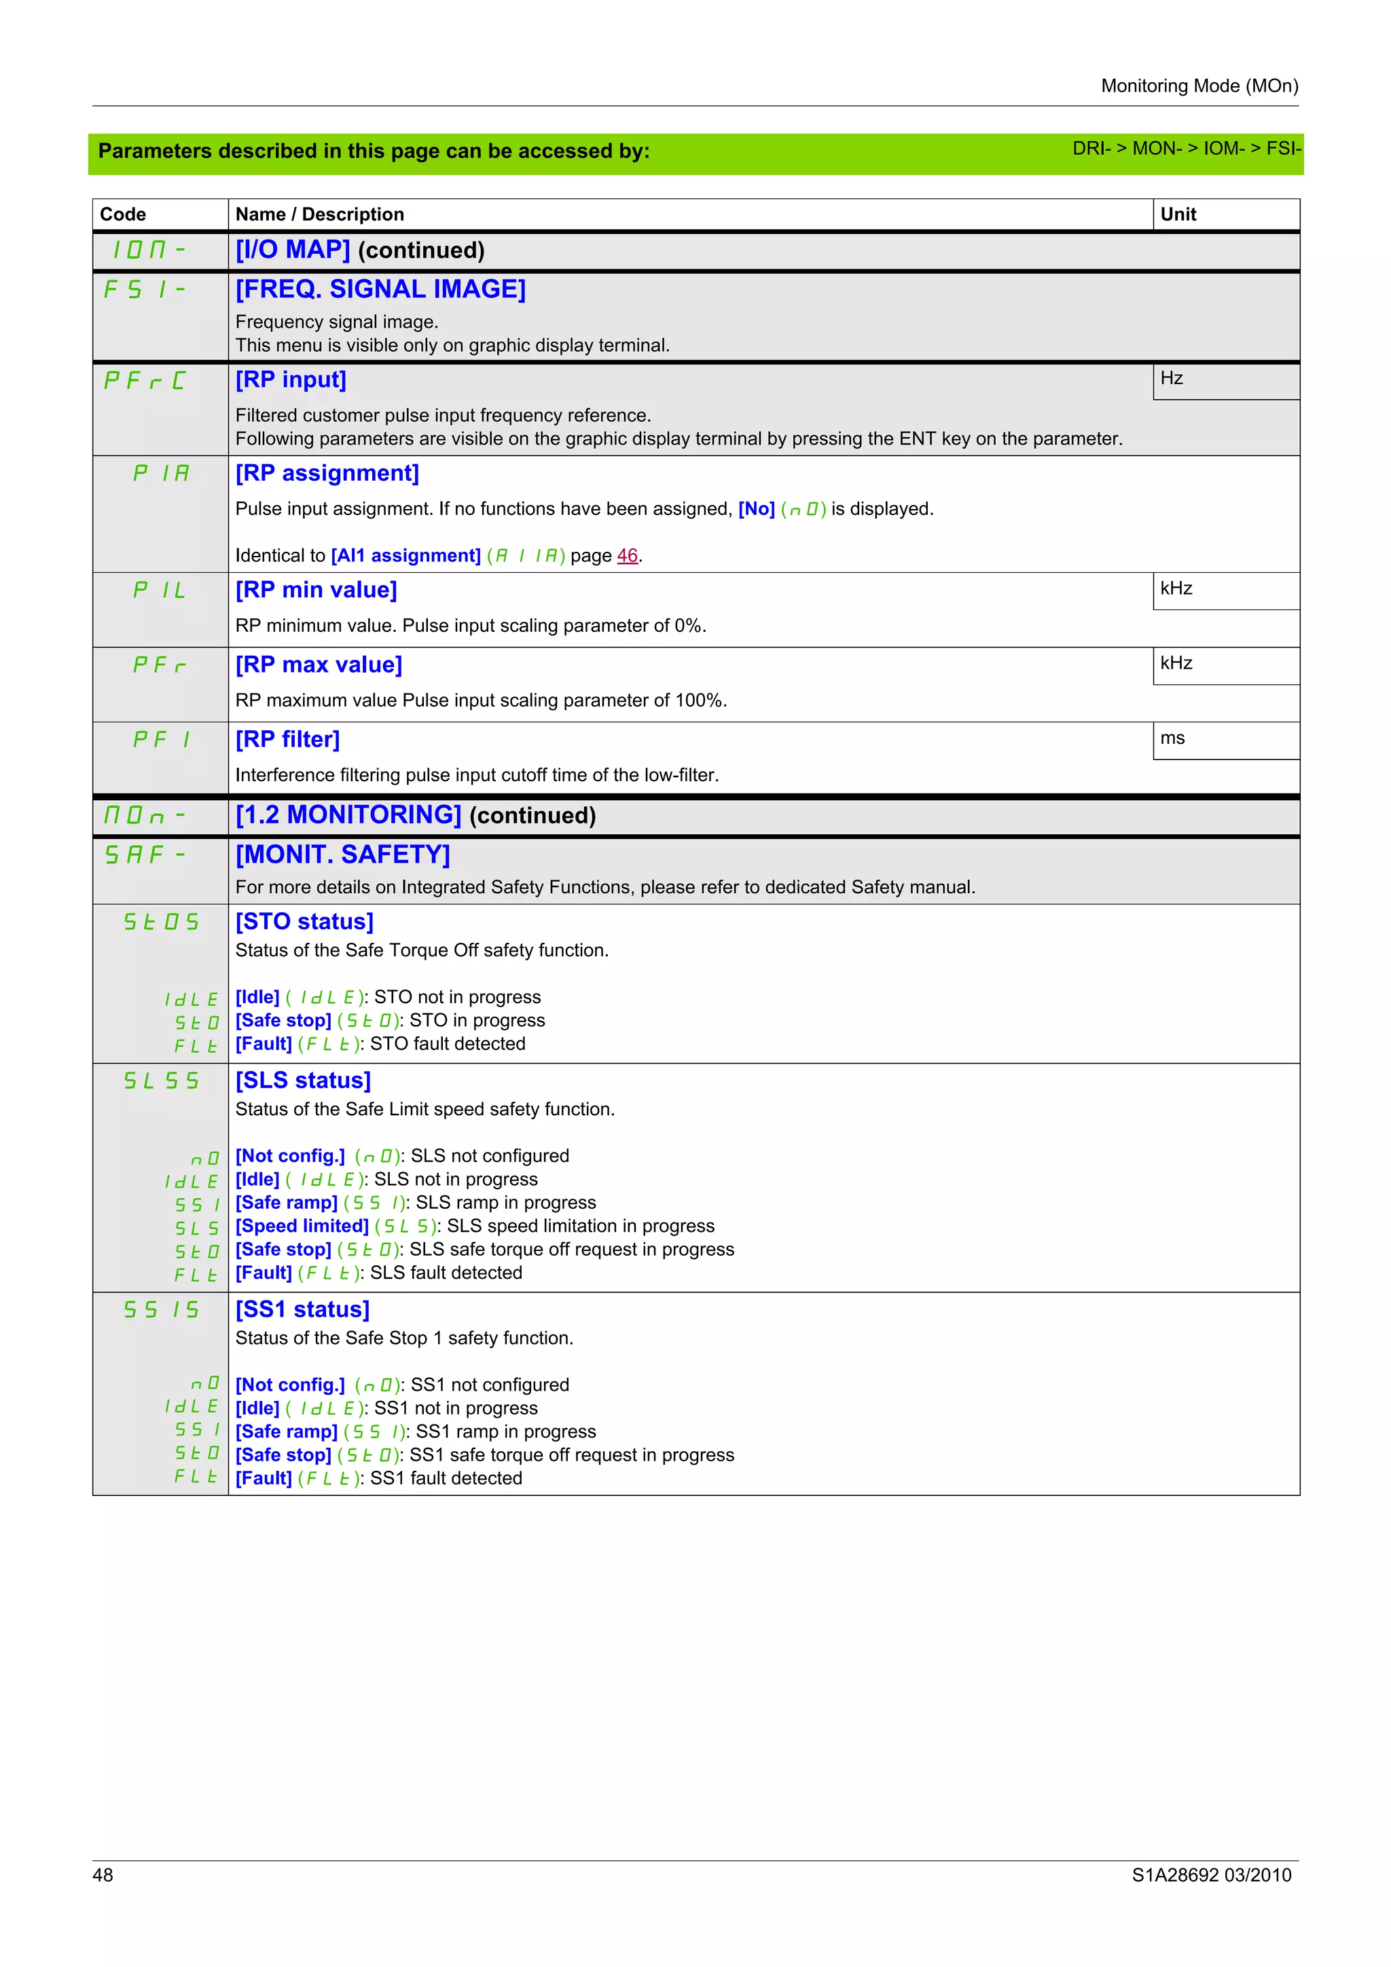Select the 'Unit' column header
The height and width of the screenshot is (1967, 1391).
pyautogui.click(x=1178, y=214)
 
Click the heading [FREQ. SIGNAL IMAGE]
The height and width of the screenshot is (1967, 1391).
pyautogui.click(x=380, y=290)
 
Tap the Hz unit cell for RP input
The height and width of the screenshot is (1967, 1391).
pyautogui.click(x=1172, y=379)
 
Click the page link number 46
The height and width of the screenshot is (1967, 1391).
pyautogui.click(x=628, y=556)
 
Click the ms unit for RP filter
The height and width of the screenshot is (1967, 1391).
pyautogui.click(x=1172, y=738)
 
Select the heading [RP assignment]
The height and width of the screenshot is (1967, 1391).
pyautogui.click(x=327, y=474)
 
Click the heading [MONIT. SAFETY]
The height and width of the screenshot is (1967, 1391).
pyautogui.click(x=343, y=855)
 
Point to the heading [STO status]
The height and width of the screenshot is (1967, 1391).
pyautogui.click(x=304, y=922)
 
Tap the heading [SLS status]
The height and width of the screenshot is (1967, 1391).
pyautogui.click(x=304, y=1081)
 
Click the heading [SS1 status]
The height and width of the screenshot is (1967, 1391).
pyautogui.click(x=302, y=1310)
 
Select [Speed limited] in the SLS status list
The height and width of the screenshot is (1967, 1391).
pyautogui.click(x=302, y=1226)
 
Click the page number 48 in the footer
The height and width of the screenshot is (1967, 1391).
pyautogui.click(x=103, y=1875)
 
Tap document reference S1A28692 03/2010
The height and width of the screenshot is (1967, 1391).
pyautogui.click(x=1211, y=1875)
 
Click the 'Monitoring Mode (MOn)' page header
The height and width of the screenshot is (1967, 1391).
pyautogui.click(x=1199, y=86)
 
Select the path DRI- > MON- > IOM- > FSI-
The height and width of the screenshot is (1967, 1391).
pyautogui.click(x=1186, y=149)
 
